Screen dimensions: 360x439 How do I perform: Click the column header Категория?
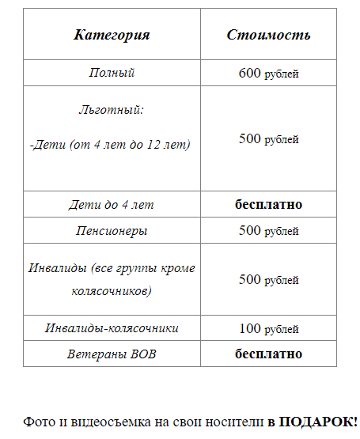(112, 35)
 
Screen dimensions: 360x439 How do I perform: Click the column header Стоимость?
(268, 35)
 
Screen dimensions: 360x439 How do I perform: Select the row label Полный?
(112, 73)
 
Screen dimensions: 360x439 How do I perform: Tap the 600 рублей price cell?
(268, 74)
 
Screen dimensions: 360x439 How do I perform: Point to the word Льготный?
(112, 110)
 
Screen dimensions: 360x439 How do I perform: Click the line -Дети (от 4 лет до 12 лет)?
(112, 145)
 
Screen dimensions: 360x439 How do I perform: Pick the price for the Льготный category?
(268, 139)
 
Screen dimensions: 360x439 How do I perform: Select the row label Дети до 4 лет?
(112, 205)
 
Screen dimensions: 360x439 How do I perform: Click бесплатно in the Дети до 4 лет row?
(268, 205)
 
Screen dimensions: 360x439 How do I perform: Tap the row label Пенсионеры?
(112, 231)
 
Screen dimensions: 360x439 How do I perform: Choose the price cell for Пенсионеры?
(268, 231)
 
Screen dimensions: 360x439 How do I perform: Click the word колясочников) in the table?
(112, 291)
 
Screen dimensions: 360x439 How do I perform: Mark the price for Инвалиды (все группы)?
(268, 279)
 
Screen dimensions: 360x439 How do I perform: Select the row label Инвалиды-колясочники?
(112, 328)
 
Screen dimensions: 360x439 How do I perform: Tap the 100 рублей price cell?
(268, 328)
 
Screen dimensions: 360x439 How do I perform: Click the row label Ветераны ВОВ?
(112, 354)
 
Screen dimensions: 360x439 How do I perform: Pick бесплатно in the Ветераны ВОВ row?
(268, 354)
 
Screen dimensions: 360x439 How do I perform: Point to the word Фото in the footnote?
(36, 422)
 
